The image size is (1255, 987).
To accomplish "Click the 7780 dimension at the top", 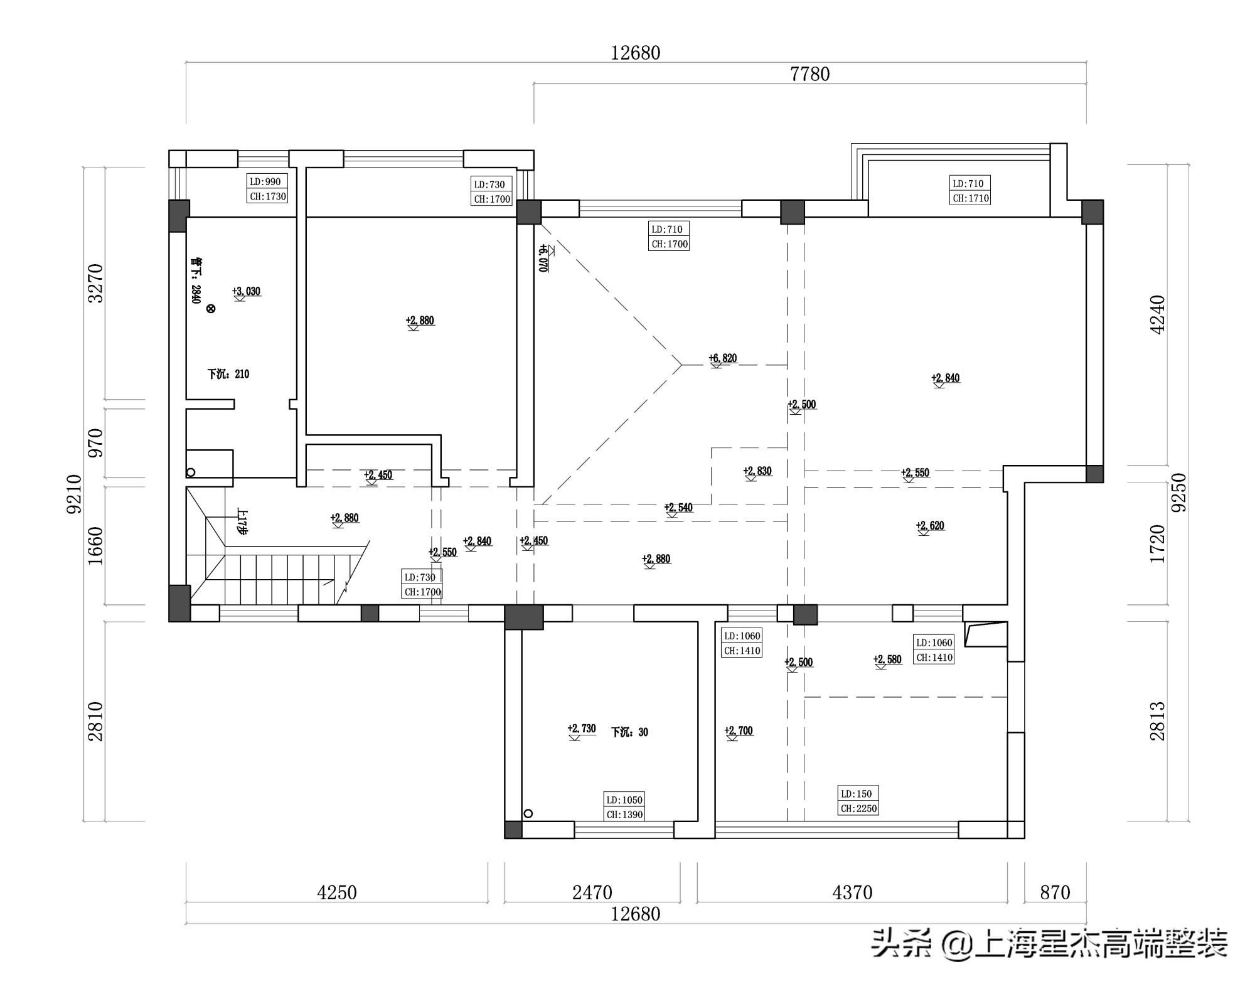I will tap(809, 74).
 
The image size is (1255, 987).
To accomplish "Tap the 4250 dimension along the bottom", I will tap(337, 892).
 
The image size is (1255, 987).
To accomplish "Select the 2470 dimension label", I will tap(592, 892).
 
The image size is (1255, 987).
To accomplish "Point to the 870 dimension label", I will tap(1055, 892).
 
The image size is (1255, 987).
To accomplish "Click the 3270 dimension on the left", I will tap(95, 283).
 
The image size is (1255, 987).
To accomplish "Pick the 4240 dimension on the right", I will tap(1157, 314).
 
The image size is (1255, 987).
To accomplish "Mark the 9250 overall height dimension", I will tap(1179, 493).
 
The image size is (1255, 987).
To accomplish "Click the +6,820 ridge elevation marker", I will tap(722, 358).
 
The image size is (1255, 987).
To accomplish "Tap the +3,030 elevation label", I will tap(246, 291).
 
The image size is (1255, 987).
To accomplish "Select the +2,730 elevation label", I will tap(582, 728).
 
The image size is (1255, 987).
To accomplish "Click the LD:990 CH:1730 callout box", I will tap(267, 189).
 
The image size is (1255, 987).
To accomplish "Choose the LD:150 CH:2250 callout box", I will tap(858, 801).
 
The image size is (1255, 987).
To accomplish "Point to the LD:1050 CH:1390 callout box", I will tap(624, 807).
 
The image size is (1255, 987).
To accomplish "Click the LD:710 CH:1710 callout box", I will tap(970, 191).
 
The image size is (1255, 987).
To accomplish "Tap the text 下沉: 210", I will tap(228, 374).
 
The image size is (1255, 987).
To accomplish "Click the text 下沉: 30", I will tap(629, 732).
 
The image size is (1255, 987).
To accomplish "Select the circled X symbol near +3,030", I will tap(211, 308).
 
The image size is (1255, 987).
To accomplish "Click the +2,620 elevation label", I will tap(930, 526).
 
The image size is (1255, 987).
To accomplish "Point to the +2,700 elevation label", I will tap(739, 730).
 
